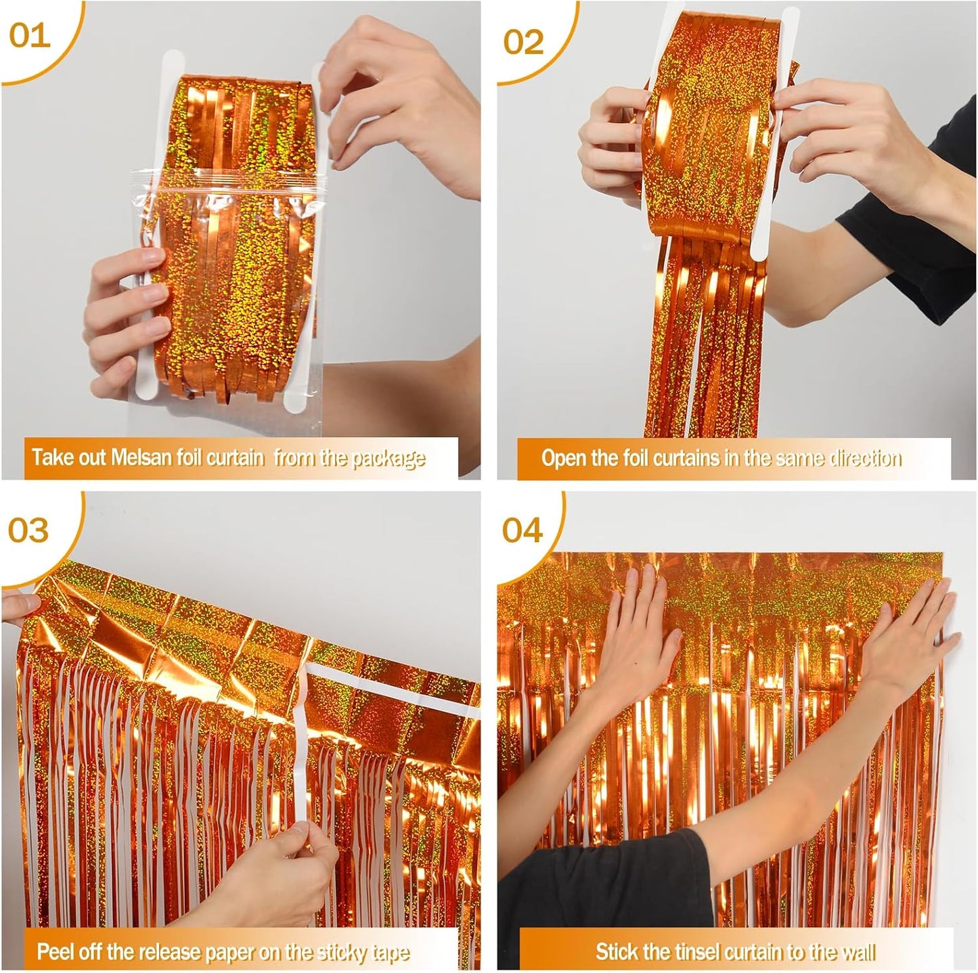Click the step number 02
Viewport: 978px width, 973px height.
(523, 42)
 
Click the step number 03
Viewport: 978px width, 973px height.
(28, 529)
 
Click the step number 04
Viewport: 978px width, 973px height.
(522, 529)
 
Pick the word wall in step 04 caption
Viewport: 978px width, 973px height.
(857, 952)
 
